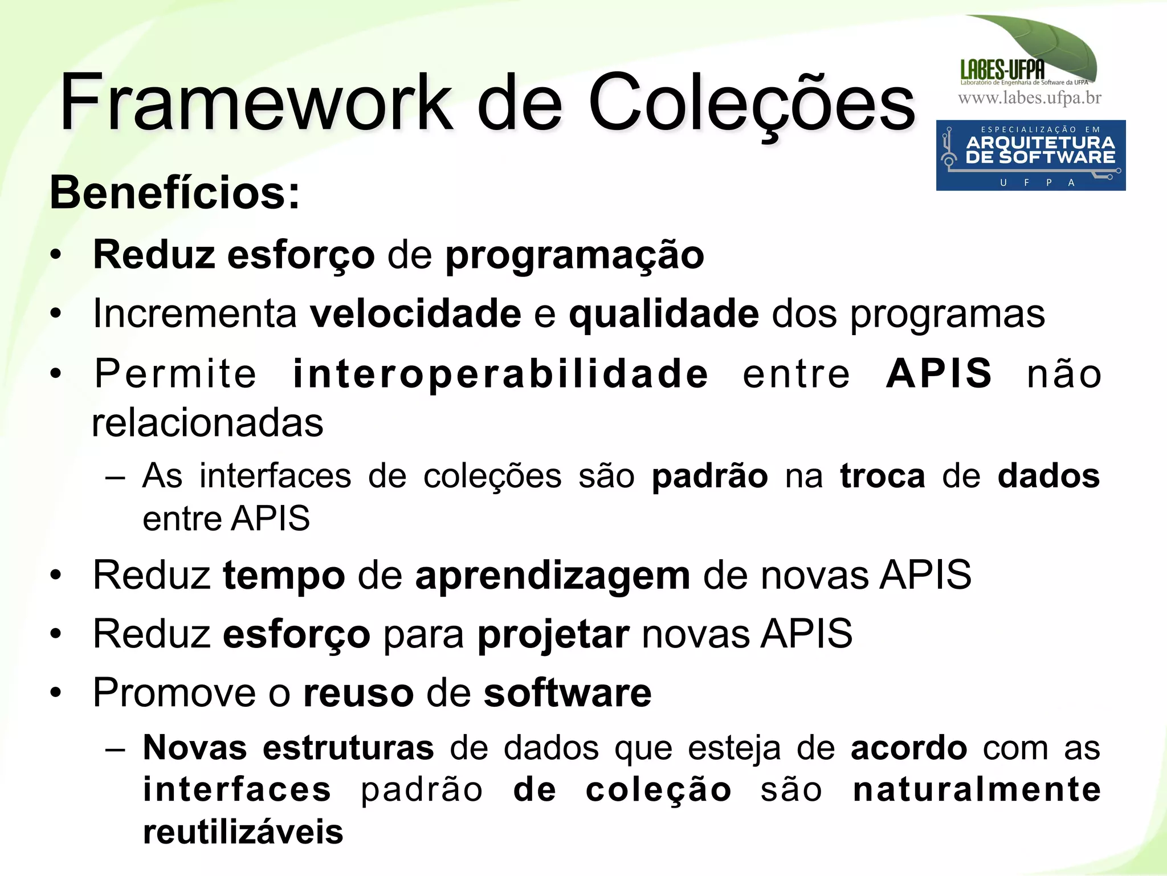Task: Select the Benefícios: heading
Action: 174,193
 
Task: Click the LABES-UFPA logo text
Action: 1002,70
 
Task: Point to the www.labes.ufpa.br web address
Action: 1030,98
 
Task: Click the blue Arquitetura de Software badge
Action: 1030,155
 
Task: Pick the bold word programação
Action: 574,255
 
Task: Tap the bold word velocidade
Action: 415,313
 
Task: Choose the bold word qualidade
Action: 664,313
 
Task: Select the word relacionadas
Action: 207,423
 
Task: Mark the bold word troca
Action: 882,476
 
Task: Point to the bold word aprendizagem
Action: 552,576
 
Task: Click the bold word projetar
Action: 553,634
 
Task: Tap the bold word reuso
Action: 358,693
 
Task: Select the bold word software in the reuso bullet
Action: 568,693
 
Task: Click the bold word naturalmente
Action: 976,790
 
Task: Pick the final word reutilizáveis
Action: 243,832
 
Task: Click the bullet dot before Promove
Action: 55,693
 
